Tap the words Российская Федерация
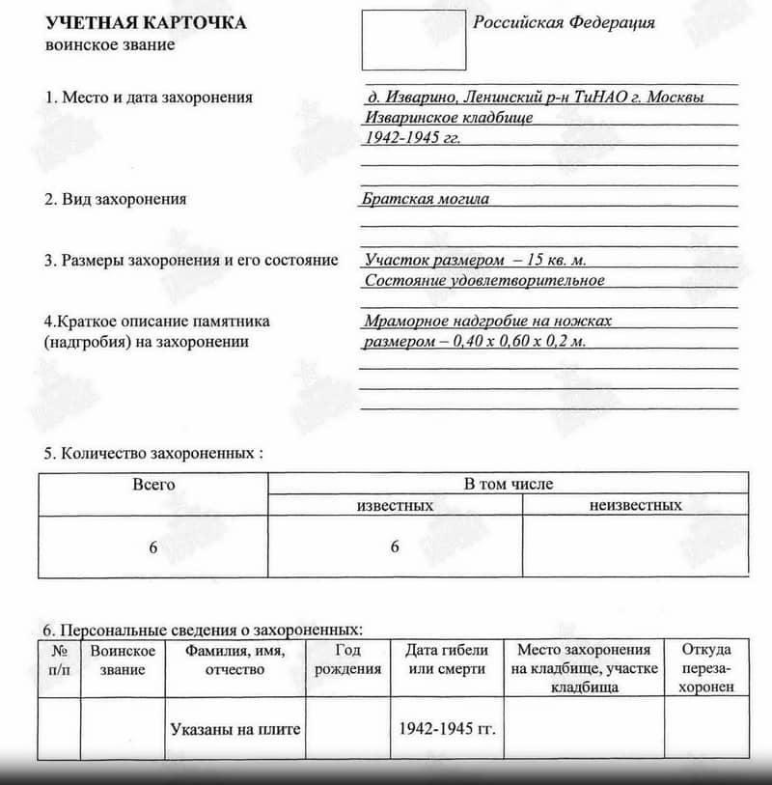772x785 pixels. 564,23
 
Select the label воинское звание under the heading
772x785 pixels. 110,45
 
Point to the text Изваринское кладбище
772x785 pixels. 449,118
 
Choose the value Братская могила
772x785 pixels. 426,199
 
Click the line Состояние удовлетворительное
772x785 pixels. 484,280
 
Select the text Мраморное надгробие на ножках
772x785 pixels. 488,322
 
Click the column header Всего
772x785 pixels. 153,484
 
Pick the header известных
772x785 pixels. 395,506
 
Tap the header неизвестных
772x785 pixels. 635,506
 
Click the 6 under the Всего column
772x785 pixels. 152,547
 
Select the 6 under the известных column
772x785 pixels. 395,547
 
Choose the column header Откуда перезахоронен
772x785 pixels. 705,668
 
